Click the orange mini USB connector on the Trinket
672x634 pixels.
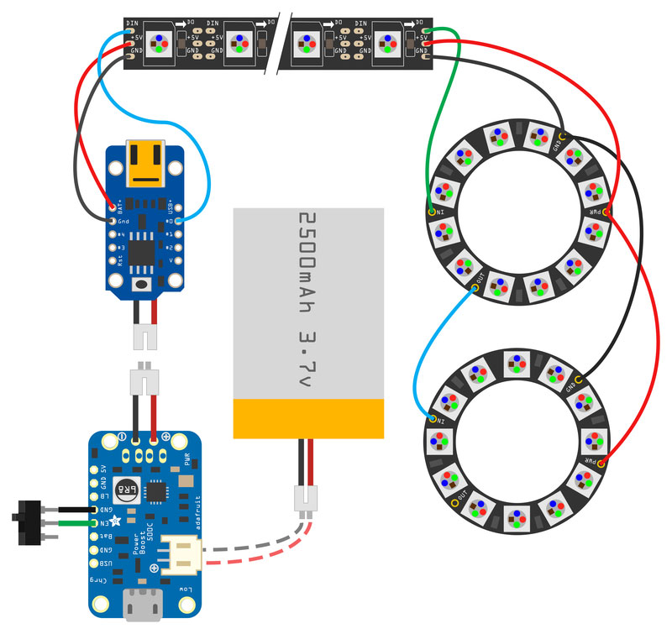click(x=145, y=163)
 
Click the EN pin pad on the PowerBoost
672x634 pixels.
click(x=95, y=523)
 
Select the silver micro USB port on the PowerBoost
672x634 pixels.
click(x=145, y=605)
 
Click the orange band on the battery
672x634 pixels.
click(x=307, y=418)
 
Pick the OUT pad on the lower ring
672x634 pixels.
click(x=455, y=502)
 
